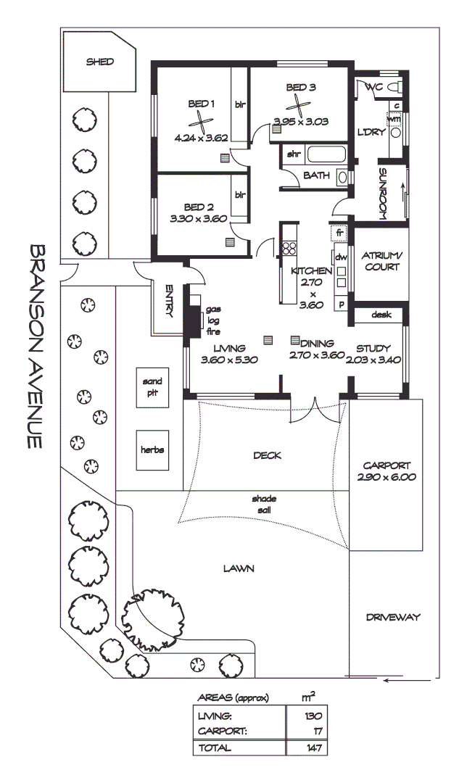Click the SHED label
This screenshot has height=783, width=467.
(100, 62)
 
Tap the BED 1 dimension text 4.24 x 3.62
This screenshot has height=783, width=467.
(202, 137)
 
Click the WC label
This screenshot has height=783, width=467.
(374, 87)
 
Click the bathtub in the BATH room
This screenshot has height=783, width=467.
(326, 154)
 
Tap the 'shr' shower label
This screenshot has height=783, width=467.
(294, 154)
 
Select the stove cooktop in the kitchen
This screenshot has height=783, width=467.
(289, 248)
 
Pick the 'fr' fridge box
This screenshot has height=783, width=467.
(339, 233)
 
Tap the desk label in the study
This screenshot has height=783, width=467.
(381, 315)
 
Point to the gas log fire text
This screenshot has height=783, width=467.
(213, 320)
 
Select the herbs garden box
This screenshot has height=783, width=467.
(152, 449)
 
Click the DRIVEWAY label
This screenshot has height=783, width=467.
(393, 618)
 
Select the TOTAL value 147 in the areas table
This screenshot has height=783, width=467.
(313, 747)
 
